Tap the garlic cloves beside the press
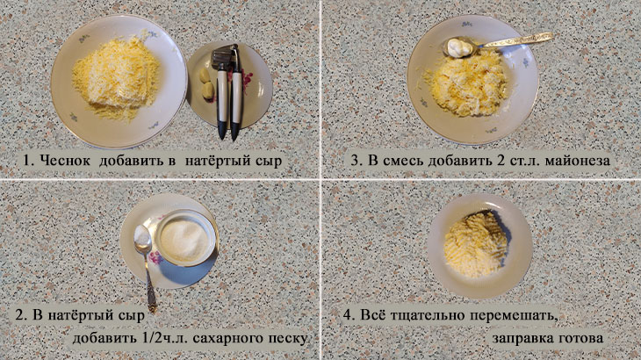pyautogui.click(x=207, y=83)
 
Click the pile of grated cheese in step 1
pyautogui.click(x=116, y=77)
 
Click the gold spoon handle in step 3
pyautogui.click(x=515, y=41)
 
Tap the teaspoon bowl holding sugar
pyautogui.click(x=142, y=238)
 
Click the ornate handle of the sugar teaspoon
pyautogui.click(x=150, y=283)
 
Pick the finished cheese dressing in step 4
pyautogui.click(x=475, y=244)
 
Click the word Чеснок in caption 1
pyautogui.click(x=65, y=161)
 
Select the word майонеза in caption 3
pyautogui.click(x=578, y=161)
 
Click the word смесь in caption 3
pyautogui.click(x=402, y=161)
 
